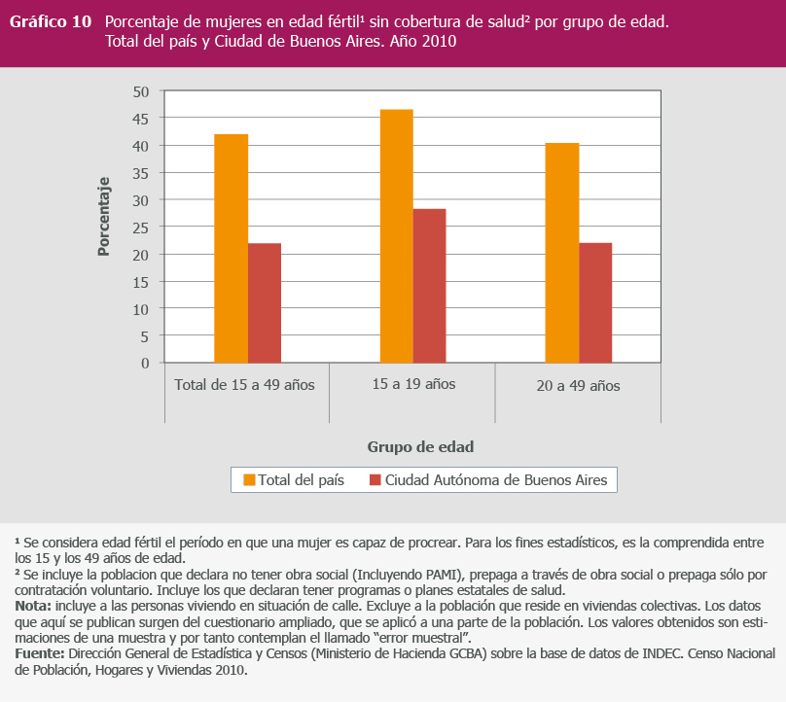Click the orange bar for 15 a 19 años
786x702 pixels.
(x=396, y=236)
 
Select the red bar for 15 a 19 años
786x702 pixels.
(x=429, y=286)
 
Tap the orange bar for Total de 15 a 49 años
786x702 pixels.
(x=232, y=248)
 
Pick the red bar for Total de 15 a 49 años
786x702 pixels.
(x=265, y=302)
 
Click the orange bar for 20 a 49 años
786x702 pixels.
(x=562, y=253)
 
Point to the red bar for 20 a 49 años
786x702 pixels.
(x=595, y=302)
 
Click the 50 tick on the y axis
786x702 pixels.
(x=141, y=91)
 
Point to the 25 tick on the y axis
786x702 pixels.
(x=141, y=228)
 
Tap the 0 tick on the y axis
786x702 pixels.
(x=145, y=363)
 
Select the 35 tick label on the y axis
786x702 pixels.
(x=141, y=173)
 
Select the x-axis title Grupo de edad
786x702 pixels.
(x=420, y=447)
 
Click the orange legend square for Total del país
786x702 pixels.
(x=249, y=480)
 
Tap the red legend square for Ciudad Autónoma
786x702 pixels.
(x=375, y=480)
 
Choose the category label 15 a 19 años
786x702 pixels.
(x=413, y=384)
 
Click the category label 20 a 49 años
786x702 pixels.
(x=578, y=386)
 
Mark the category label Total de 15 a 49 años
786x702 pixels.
(x=245, y=385)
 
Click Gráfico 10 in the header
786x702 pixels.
(x=51, y=21)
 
